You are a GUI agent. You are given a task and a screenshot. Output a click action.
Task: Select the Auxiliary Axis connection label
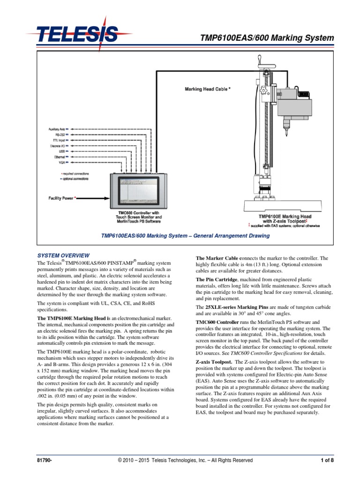pyautogui.click(x=56, y=128)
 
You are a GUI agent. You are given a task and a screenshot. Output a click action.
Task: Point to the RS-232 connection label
pyautogui.click(x=60, y=134)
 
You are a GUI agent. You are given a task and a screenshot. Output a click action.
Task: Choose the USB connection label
pyautogui.click(x=62, y=151)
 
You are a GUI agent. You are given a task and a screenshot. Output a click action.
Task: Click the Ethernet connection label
pyautogui.click(x=59, y=157)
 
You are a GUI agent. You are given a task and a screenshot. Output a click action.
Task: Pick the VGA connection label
pyautogui.click(x=61, y=163)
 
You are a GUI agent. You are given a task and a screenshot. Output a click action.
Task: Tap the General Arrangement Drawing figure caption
pyautogui.click(x=186, y=236)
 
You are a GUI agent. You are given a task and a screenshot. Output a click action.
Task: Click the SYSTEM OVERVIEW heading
pyautogui.click(x=63, y=255)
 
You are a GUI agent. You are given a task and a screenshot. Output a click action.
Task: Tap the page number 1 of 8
pyautogui.click(x=327, y=461)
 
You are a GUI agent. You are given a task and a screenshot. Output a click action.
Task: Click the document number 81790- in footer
pyautogui.click(x=45, y=461)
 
